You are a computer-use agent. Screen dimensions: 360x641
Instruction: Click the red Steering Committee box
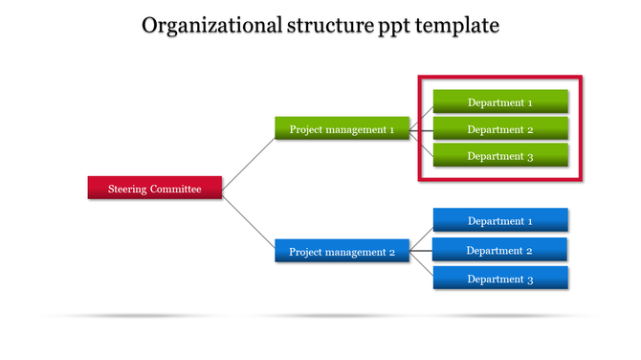pyautogui.click(x=155, y=189)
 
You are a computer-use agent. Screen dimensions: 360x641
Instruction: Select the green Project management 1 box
pyautogui.click(x=343, y=129)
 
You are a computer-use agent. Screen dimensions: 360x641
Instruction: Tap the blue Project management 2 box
pyautogui.click(x=343, y=252)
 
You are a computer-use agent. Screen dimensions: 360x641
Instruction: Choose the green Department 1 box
pyautogui.click(x=500, y=102)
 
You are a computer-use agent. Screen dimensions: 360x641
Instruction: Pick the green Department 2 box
pyautogui.click(x=500, y=129)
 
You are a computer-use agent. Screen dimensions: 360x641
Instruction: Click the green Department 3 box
pyautogui.click(x=500, y=156)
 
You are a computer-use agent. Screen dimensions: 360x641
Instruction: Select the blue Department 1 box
pyautogui.click(x=500, y=221)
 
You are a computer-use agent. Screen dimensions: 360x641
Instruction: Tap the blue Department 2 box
pyautogui.click(x=500, y=250)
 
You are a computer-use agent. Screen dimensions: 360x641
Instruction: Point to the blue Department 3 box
pyautogui.click(x=500, y=279)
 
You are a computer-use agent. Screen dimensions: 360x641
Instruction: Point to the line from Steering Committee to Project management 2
pyautogui.click(x=249, y=222)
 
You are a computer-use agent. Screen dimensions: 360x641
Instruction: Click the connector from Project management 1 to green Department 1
pyautogui.click(x=422, y=116)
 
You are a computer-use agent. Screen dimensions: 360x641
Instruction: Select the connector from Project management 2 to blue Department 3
pyautogui.click(x=422, y=265)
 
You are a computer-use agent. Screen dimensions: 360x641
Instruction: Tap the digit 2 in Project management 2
pyautogui.click(x=391, y=253)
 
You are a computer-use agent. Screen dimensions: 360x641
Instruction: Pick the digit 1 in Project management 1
pyautogui.click(x=391, y=129)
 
